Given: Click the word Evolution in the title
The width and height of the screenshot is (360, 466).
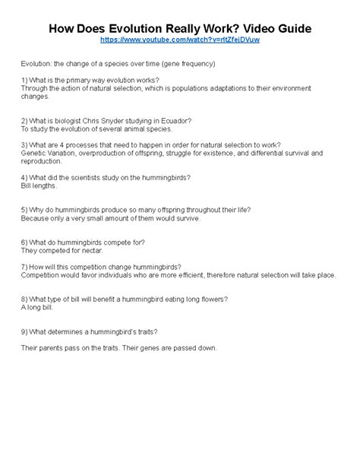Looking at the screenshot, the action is tap(133, 27).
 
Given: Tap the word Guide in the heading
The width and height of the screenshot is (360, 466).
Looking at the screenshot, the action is tap(289, 27).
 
